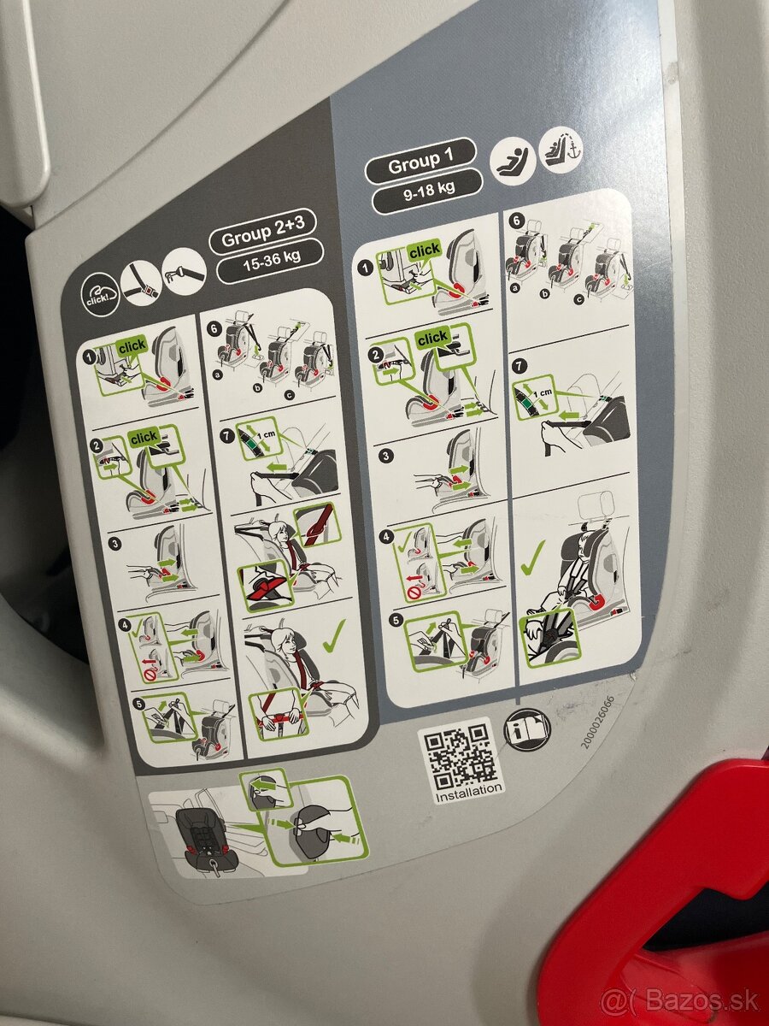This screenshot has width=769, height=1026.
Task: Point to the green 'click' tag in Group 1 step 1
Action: (424, 250)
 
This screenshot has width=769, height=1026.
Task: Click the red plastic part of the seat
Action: (666, 889)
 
